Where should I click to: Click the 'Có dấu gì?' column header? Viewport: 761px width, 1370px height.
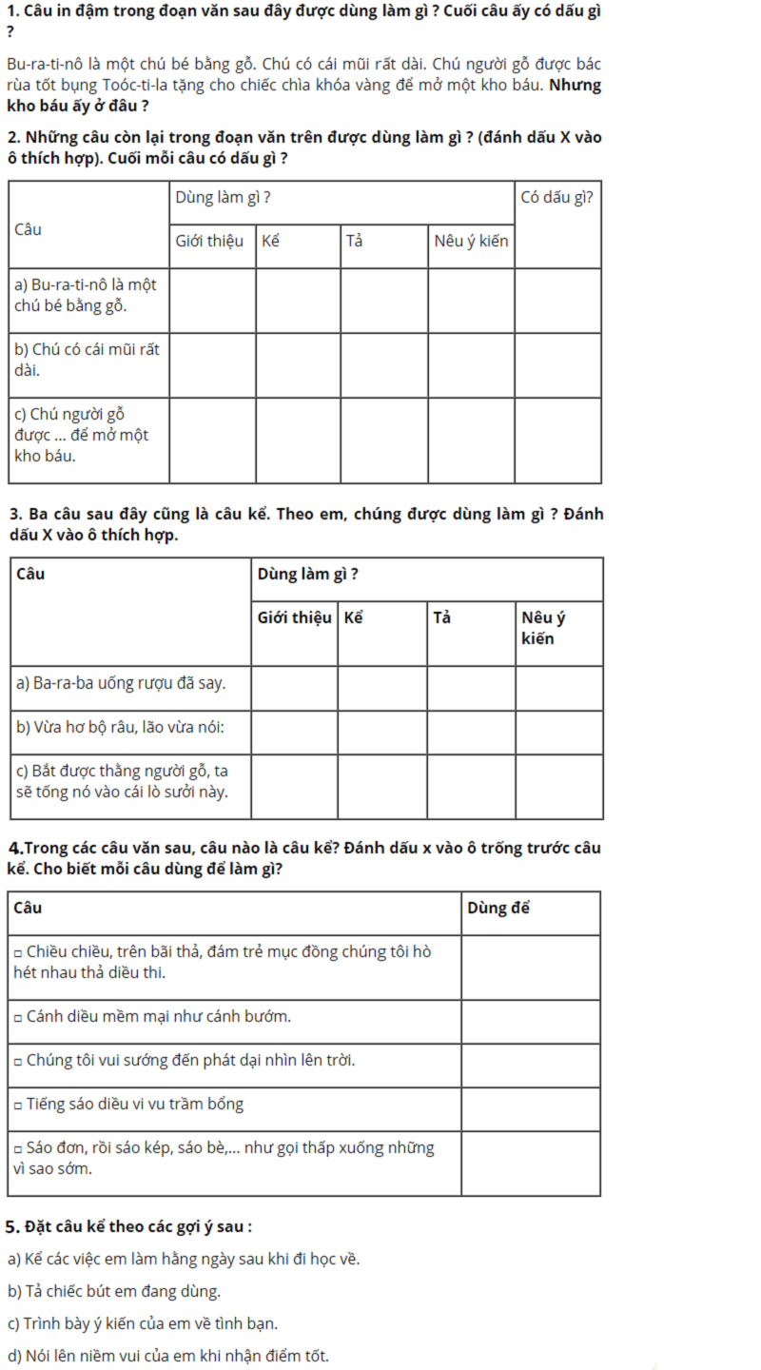click(x=557, y=197)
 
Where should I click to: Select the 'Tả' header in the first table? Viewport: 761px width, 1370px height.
click(x=355, y=241)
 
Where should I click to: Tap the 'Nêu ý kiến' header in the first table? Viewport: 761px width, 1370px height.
click(x=471, y=241)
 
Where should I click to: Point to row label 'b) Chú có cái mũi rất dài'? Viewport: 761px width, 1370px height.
click(x=86, y=360)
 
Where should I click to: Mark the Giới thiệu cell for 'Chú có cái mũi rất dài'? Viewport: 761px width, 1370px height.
click(x=212, y=364)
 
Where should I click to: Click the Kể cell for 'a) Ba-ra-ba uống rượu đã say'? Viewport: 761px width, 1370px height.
click(x=381, y=688)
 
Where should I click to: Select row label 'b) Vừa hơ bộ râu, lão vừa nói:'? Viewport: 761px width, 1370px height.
click(x=120, y=728)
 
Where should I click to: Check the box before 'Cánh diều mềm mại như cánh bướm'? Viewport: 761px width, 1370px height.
click(x=18, y=1017)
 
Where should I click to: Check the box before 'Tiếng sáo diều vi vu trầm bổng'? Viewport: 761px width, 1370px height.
click(x=18, y=1105)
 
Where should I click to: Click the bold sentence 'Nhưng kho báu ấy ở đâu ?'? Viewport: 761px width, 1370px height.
click(x=304, y=95)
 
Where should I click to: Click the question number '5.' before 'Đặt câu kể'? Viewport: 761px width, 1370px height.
click(x=12, y=1226)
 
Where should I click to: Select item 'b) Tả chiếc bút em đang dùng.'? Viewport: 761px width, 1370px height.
click(x=114, y=1291)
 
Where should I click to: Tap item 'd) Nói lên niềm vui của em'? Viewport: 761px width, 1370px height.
click(x=167, y=1356)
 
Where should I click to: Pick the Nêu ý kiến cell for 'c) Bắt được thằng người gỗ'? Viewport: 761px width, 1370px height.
click(x=558, y=786)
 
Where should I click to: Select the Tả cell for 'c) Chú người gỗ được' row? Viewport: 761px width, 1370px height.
click(x=383, y=439)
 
